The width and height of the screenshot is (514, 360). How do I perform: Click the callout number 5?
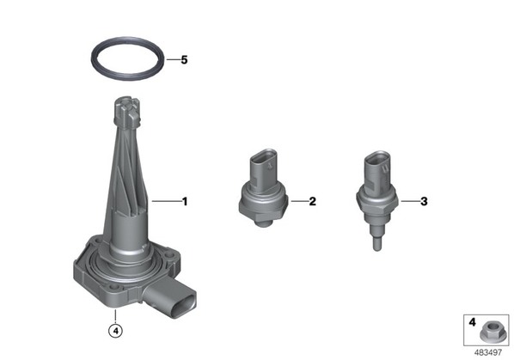[184, 60]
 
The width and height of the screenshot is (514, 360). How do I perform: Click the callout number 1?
[185, 201]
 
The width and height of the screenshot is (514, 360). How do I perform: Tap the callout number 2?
[313, 201]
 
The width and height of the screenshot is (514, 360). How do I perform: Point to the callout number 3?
[425, 201]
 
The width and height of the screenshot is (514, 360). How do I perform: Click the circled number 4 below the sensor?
[115, 331]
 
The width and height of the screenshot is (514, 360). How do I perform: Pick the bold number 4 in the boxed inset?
[472, 322]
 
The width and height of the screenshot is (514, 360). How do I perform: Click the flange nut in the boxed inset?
[491, 333]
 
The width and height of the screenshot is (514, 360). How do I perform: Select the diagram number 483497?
[488, 353]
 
